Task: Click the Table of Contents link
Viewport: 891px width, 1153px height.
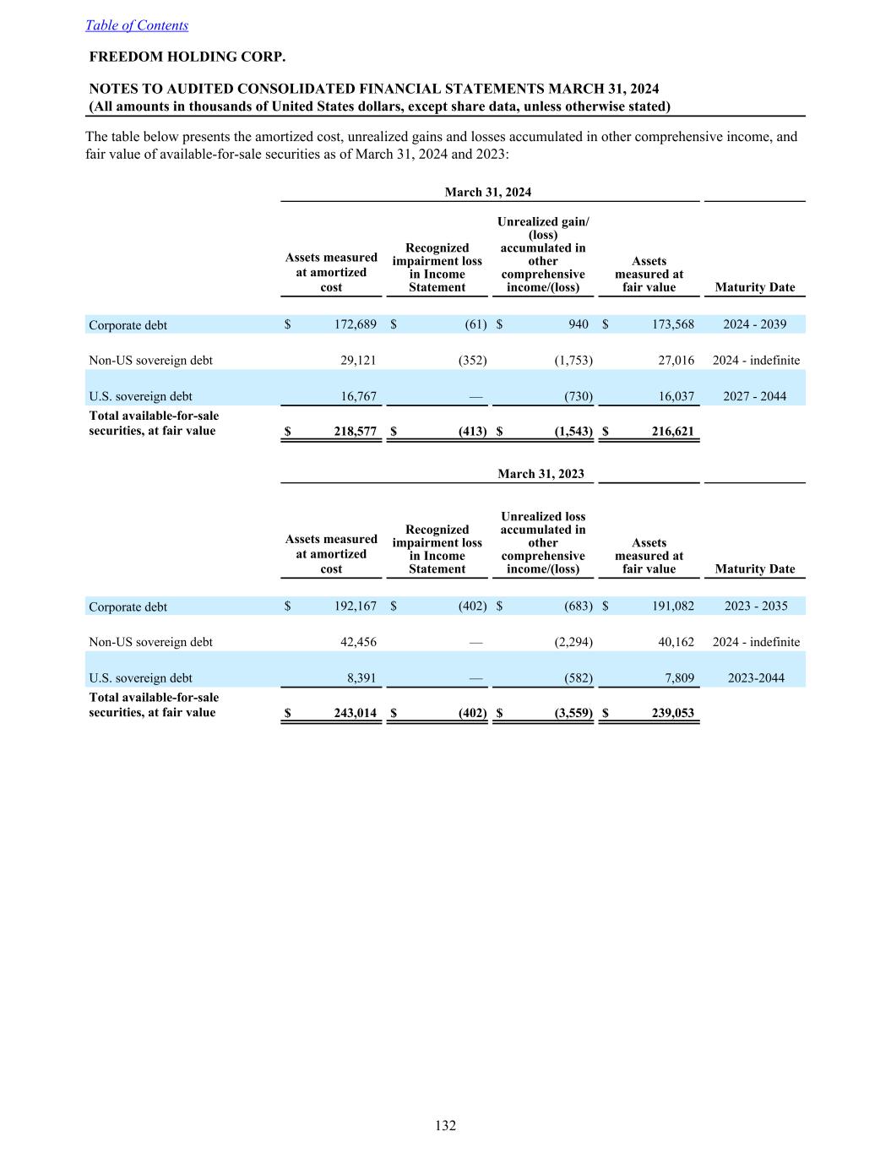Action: [137, 25]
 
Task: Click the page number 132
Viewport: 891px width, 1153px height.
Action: [445, 1125]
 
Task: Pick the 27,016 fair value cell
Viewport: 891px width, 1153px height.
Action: [676, 361]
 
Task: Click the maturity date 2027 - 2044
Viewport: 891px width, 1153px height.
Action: [754, 396]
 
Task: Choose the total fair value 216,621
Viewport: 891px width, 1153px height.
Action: [672, 432]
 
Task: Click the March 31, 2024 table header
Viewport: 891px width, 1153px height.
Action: [488, 193]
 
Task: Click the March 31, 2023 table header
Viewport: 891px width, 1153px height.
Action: [541, 474]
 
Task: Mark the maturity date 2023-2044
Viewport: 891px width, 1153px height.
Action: [754, 678]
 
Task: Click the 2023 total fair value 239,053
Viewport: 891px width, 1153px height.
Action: [672, 714]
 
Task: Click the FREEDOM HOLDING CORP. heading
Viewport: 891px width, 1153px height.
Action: [187, 57]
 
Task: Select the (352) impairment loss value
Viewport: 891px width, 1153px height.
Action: [472, 361]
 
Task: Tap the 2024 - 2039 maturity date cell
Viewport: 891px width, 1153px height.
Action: [754, 325]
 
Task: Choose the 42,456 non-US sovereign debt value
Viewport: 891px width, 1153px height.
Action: [358, 643]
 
